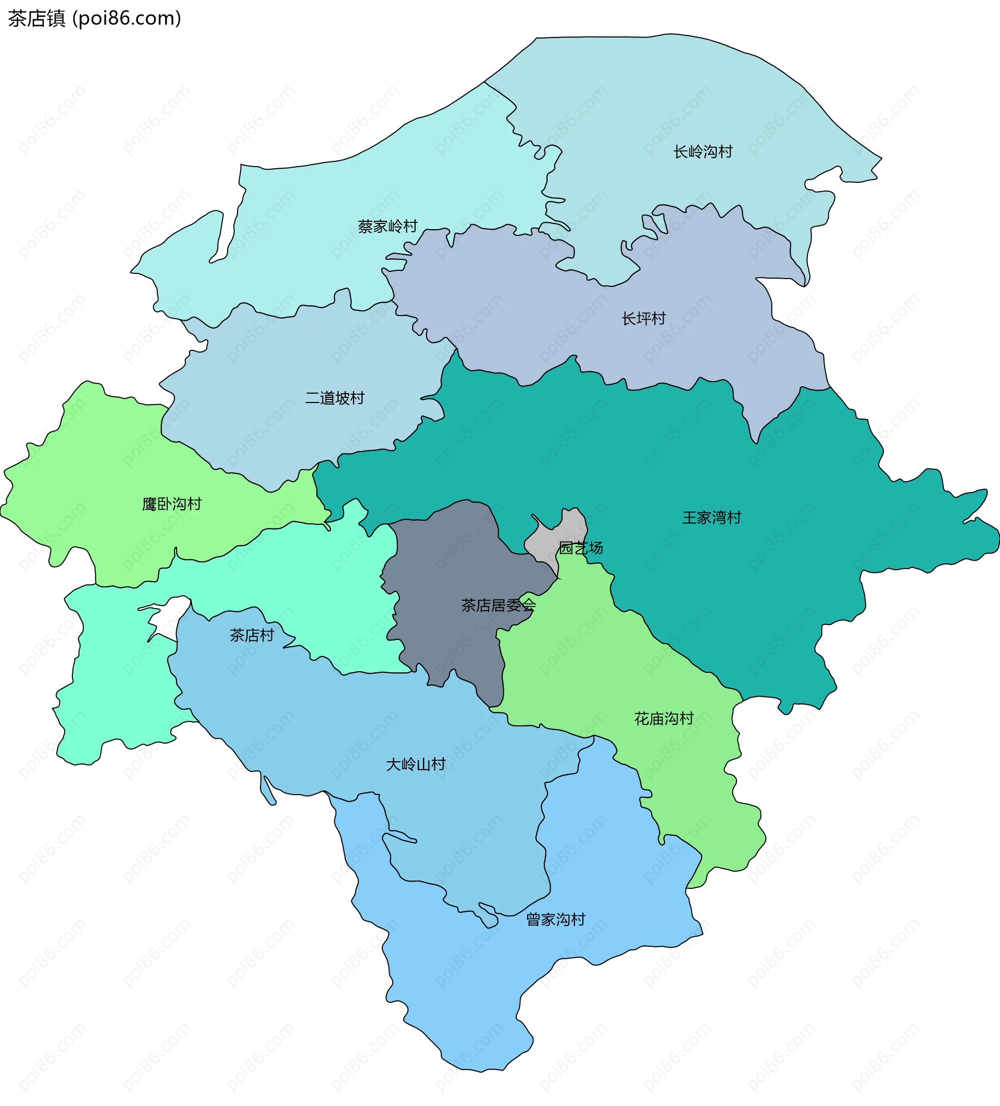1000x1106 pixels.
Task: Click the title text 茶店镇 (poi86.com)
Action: (94, 19)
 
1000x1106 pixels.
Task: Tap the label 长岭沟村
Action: (703, 152)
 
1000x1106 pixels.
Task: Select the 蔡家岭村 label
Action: (387, 226)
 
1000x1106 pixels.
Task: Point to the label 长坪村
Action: (643, 318)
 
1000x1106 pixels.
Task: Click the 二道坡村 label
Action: (335, 398)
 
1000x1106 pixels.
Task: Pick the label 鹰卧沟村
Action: (172, 504)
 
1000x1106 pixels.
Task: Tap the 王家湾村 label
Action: (711, 518)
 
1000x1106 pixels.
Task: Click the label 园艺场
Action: (581, 547)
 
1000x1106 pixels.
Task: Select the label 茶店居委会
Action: (498, 605)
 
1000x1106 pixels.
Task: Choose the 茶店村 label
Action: (252, 635)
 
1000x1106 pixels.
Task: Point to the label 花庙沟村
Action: (664, 718)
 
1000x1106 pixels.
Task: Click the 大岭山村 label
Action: (416, 764)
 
